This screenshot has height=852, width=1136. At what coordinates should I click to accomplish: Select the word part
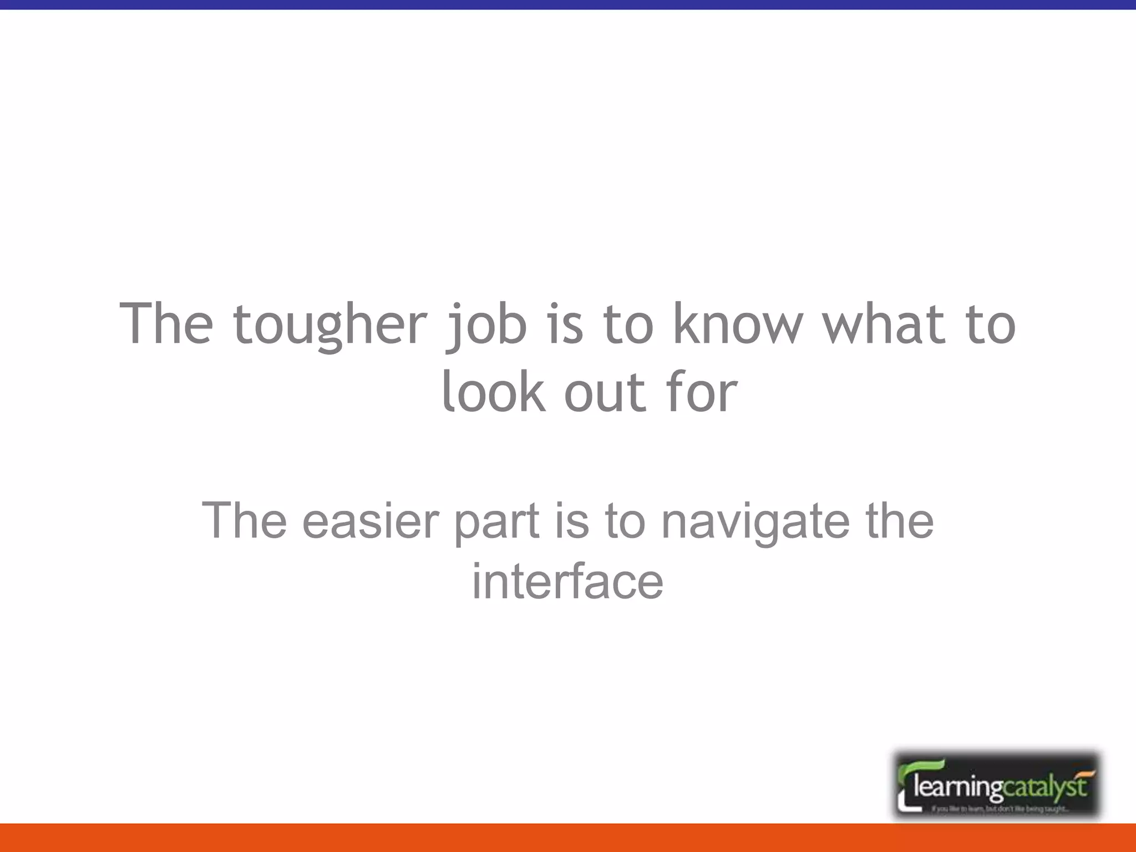point(497,522)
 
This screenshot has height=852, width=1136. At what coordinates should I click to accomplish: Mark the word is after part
point(571,521)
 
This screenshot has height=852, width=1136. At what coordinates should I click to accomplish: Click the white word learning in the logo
point(957,787)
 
